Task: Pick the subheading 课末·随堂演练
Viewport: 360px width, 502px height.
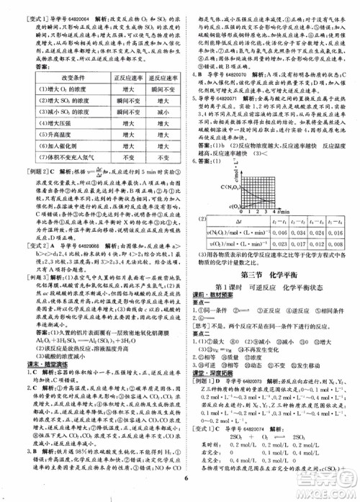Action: pyautogui.click(x=37, y=345)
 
